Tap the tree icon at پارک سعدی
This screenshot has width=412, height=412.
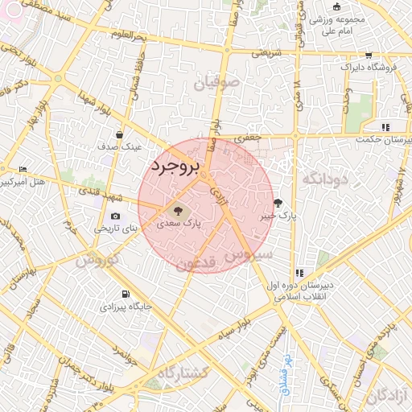177,204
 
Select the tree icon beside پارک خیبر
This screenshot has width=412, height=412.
278,203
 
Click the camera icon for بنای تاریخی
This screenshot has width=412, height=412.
116,216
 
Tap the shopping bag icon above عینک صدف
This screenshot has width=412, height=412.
119,135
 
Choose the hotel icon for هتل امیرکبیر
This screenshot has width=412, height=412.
22,168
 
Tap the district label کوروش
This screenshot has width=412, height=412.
97,260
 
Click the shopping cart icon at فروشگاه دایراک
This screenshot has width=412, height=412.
369,56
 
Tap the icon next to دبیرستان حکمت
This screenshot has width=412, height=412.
385,126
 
